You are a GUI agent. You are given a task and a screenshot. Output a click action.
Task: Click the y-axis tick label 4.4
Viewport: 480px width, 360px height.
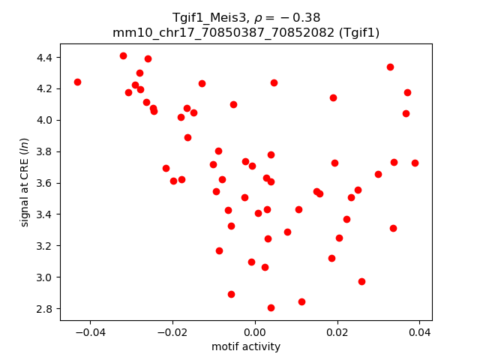tap(43, 57)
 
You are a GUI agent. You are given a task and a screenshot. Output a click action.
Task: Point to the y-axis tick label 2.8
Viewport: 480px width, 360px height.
tap(43, 309)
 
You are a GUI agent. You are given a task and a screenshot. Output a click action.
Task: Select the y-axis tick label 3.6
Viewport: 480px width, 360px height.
tap(43, 183)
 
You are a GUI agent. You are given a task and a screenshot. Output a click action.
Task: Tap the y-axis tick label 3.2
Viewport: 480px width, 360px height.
tap(43, 246)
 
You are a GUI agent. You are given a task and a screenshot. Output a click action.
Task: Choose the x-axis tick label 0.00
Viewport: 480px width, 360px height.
tap(255, 332)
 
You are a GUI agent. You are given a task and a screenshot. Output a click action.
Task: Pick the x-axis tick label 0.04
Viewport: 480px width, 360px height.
tap(419, 332)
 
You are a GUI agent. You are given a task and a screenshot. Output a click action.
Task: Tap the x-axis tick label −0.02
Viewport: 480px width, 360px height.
tap(172, 332)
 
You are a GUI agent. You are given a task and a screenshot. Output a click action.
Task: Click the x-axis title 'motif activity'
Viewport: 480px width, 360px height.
tap(246, 346)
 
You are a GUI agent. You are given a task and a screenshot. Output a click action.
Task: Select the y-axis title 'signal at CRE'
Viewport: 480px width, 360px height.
tap(25, 182)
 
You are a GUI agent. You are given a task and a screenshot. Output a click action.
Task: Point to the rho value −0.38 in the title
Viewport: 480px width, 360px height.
tap(292, 18)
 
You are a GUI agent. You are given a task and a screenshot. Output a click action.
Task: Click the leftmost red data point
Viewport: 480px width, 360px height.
tap(77, 82)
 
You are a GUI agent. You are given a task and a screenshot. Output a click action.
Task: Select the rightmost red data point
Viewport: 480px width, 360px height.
tap(415, 163)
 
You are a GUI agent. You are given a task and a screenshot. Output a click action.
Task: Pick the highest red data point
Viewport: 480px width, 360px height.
tap(123, 55)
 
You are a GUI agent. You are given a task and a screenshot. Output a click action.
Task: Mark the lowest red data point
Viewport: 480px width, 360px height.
tap(271, 307)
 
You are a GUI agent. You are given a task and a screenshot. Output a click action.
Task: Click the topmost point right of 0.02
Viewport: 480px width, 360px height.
tap(390, 67)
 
